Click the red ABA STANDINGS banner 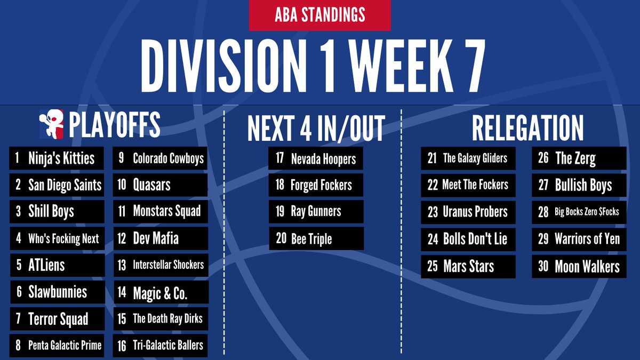[319, 15]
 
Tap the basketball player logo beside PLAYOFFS [51, 124]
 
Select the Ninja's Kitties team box [57, 158]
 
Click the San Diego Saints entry [57, 185]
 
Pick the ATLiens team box [57, 265]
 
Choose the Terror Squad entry [57, 319]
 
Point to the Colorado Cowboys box [160, 158]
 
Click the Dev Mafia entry [160, 238]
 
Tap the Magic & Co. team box [160, 292]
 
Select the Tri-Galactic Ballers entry [160, 346]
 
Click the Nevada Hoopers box [316, 158]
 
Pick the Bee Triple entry [316, 238]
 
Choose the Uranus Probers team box [468, 212]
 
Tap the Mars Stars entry [468, 266]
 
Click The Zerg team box [579, 158]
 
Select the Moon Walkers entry [579, 266]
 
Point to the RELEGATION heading [527, 128]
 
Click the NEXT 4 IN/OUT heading [316, 128]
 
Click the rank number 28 [543, 212]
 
